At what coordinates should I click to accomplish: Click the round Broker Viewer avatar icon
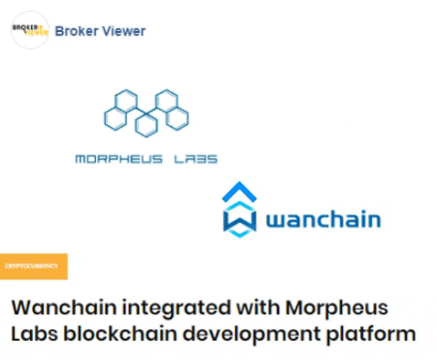point(29,31)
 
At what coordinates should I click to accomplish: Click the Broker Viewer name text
point(100,31)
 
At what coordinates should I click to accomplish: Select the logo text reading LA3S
point(196,159)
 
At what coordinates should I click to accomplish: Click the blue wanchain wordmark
point(323,221)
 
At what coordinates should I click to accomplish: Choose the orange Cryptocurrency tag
point(33,266)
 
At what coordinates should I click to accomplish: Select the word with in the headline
point(255,306)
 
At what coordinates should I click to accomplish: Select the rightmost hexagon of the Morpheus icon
point(179,116)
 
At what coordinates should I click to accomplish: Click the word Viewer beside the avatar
point(123,31)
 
